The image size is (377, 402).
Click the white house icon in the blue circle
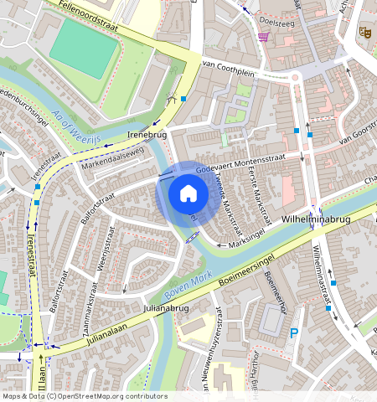click(188, 194)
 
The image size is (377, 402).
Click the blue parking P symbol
click(293, 332)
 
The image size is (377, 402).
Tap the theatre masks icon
click(364, 32)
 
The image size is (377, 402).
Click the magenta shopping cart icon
click(264, 37)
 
